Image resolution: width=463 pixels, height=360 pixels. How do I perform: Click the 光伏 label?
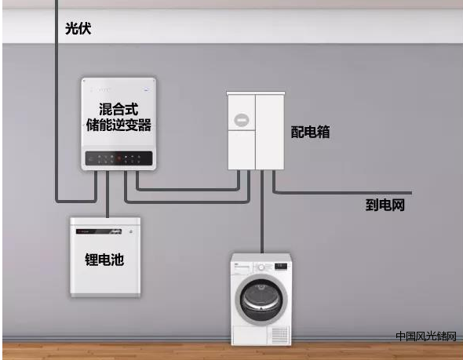coord(78,28)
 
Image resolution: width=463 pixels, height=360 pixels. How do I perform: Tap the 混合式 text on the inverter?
coord(118,109)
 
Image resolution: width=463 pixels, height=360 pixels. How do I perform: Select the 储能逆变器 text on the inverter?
coord(118,125)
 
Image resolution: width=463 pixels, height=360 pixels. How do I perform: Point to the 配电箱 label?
coord(310,132)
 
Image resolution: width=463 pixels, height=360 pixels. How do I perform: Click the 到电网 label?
coord(385,205)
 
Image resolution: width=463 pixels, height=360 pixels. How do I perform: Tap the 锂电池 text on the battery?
coord(104,260)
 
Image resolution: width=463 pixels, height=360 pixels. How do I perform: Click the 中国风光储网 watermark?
coord(426,336)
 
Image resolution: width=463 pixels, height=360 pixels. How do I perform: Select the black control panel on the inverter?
coord(118,158)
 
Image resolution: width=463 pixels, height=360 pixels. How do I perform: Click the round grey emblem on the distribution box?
coord(242,120)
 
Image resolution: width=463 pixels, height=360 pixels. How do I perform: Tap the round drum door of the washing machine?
coord(261,299)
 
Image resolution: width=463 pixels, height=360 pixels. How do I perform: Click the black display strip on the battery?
coord(99,231)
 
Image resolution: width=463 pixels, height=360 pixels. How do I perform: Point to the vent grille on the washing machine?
coord(279,335)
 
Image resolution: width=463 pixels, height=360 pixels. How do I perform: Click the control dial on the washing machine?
coord(261,267)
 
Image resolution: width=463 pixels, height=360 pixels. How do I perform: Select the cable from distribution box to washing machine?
coord(262,211)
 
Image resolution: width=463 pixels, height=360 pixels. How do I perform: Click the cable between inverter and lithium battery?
coord(108,195)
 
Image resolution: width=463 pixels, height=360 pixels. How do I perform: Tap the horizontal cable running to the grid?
coord(342,193)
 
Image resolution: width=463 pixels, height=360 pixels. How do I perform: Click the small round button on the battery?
coord(131,231)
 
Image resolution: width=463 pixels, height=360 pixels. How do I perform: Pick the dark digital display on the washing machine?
coord(281,266)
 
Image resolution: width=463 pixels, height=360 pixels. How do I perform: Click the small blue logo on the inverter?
coord(146,89)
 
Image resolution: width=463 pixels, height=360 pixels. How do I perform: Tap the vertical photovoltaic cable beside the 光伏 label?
coord(57,100)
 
